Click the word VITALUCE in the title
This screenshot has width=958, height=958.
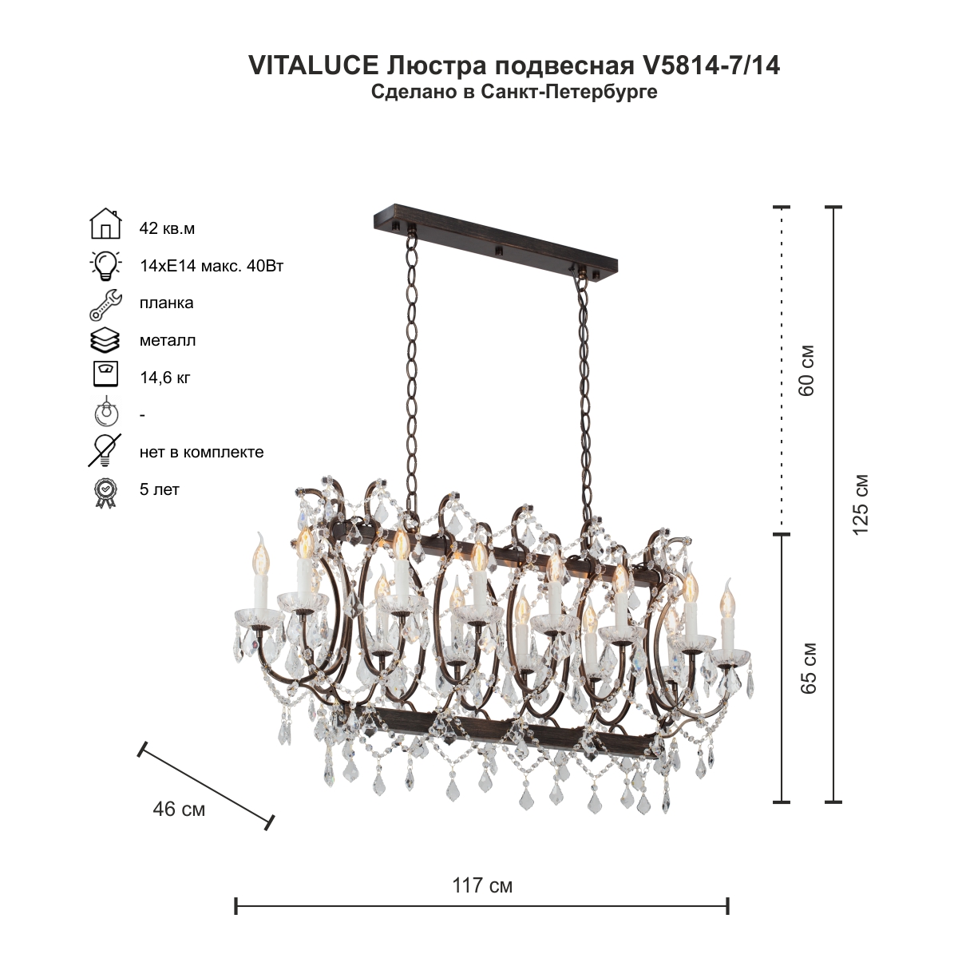tap(313, 65)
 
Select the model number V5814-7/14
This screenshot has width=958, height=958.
tap(711, 65)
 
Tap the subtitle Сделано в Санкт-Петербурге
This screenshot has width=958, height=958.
tap(514, 92)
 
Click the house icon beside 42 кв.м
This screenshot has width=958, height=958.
tap(106, 224)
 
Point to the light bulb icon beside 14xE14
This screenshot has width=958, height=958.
tap(105, 265)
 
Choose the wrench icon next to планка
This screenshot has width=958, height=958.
tap(105, 304)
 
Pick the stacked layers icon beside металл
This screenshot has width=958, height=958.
tap(105, 341)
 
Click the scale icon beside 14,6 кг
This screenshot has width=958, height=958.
tap(105, 374)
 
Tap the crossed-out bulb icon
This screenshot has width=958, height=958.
tap(105, 450)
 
